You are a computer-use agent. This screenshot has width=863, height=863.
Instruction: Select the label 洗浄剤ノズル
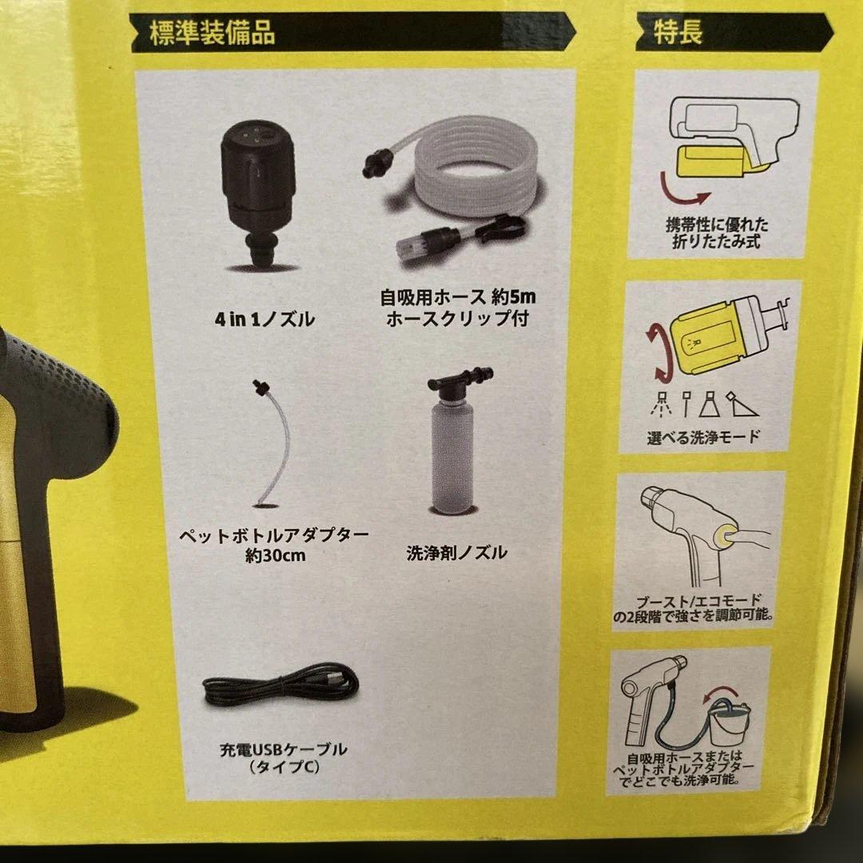tap(456, 552)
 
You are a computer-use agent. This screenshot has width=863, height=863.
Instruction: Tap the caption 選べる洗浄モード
tap(702, 438)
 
